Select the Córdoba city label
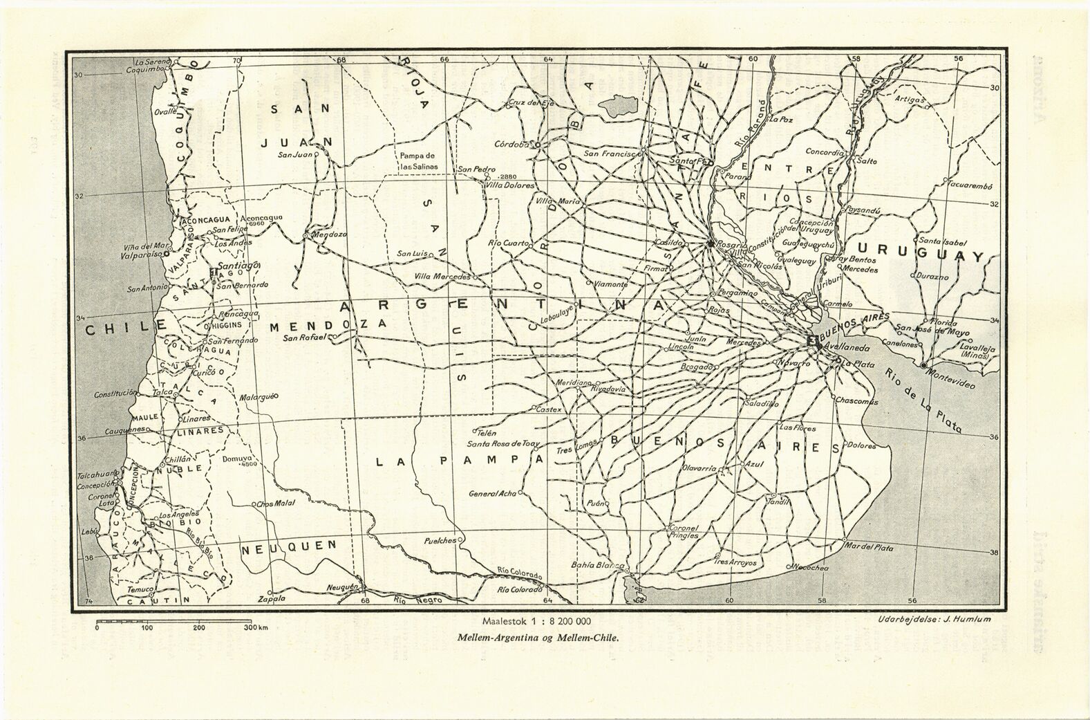(x=511, y=145)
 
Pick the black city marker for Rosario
(x=710, y=243)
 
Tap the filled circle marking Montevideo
(x=923, y=364)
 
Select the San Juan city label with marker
(x=295, y=155)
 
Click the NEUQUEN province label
(x=289, y=547)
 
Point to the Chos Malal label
(x=276, y=504)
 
